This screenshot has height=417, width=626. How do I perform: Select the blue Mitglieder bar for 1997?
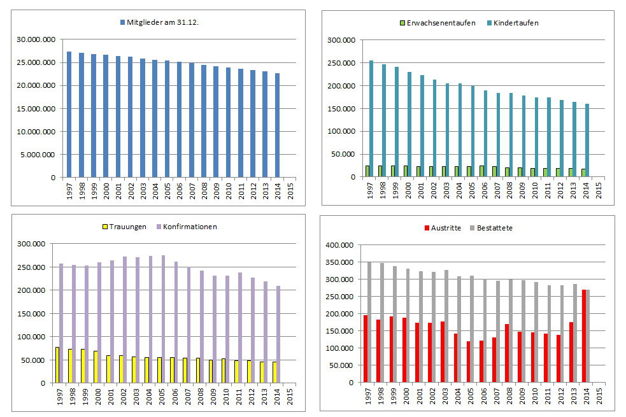69,115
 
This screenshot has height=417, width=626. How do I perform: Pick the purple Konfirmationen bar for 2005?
163,319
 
